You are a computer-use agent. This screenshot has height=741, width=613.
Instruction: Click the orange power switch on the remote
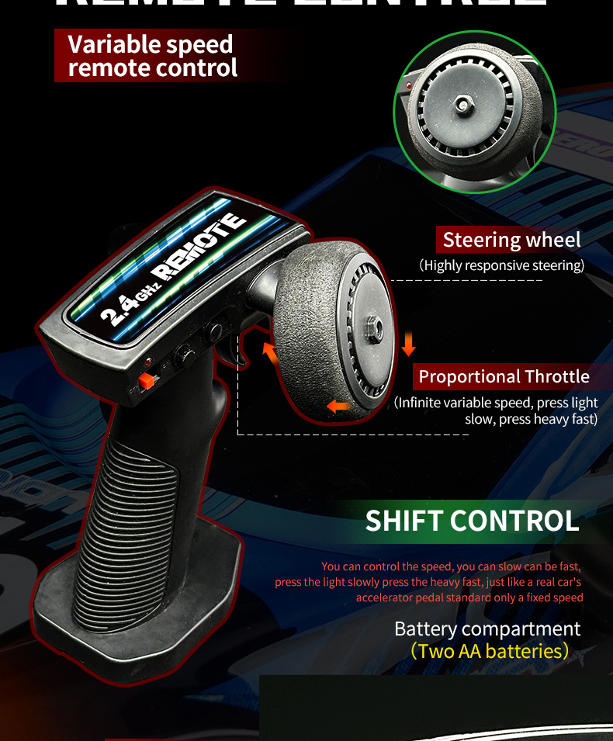(x=144, y=381)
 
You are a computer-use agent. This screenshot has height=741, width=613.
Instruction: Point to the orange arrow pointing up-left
(x=270, y=352)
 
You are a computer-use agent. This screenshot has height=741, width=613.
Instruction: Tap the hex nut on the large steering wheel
(x=373, y=329)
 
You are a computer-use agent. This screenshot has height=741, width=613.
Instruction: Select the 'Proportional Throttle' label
(x=504, y=377)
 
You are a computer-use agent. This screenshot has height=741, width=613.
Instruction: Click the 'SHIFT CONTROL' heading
(x=472, y=521)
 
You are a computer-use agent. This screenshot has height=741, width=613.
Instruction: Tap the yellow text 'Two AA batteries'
(x=490, y=650)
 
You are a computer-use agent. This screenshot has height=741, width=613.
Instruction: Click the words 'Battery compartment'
(x=487, y=628)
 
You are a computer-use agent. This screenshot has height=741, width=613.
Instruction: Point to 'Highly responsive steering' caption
(x=501, y=265)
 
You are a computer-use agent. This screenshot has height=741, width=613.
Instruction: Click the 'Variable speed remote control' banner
(x=152, y=56)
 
